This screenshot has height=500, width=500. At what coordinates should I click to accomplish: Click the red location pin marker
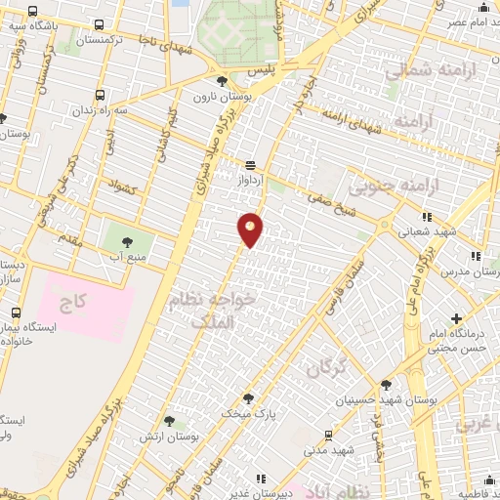[x=250, y=229]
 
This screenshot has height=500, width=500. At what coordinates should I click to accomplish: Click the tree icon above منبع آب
[x=125, y=239]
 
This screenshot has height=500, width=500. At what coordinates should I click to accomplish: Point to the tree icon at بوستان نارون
[x=223, y=81]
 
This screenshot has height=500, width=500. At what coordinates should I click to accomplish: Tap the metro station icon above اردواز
[x=251, y=165]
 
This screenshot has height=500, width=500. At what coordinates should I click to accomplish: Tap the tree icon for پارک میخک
[x=248, y=397]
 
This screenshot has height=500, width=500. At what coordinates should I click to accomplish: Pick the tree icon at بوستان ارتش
[x=169, y=421]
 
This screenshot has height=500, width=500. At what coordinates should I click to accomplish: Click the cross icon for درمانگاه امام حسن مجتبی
[x=456, y=318]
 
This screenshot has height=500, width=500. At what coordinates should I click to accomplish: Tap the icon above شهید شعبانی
[x=426, y=217]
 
